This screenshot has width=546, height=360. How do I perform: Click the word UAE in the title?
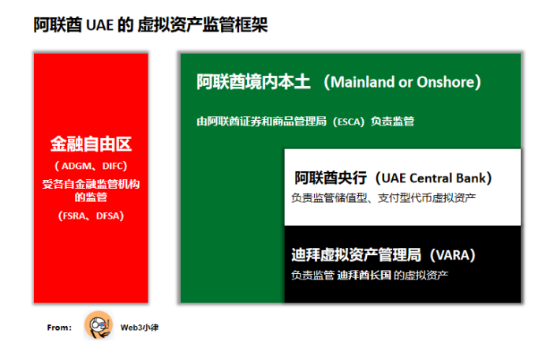coord(99,25)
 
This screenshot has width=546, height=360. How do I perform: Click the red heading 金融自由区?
coord(91,144)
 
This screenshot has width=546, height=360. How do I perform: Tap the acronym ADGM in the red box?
coord(77,166)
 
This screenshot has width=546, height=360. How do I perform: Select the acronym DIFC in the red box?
coord(113,166)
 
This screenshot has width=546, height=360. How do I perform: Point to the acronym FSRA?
coord(74,216)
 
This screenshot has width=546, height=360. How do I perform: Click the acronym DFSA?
coord(107,216)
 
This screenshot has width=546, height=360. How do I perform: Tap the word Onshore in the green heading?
coord(446,82)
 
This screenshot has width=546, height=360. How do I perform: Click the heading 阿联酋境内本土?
coord(253,82)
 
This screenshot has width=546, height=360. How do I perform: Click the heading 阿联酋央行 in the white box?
coord(331,178)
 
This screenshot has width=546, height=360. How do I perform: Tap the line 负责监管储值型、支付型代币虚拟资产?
coord(383,198)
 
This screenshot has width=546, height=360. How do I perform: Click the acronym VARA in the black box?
coord(453,255)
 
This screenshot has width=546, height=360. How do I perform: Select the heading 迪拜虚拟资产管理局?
coord(356,255)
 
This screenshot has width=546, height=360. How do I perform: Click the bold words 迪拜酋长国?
coord(365,276)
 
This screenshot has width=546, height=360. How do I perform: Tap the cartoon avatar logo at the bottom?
coord(99,325)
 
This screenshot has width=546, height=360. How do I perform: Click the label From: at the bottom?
coord(59,328)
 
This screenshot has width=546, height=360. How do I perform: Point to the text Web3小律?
coord(140,328)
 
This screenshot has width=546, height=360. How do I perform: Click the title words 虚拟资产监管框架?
coord(203,25)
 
